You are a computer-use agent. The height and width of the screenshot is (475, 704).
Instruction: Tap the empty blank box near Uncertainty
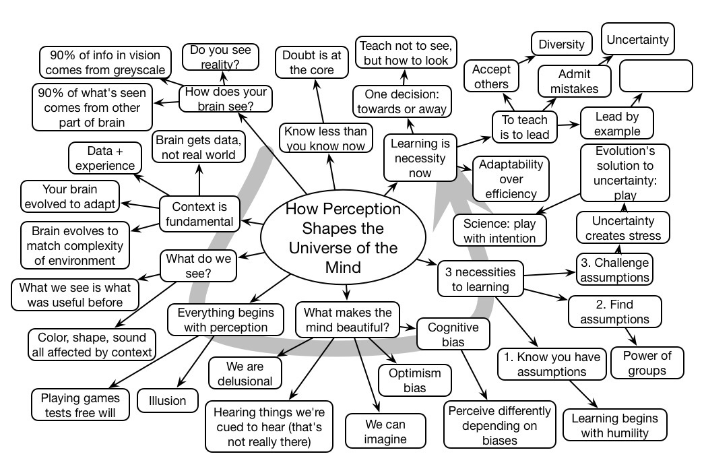tap(655, 75)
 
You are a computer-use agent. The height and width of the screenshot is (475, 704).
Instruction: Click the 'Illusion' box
tap(167, 401)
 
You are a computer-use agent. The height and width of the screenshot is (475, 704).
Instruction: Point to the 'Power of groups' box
tap(647, 362)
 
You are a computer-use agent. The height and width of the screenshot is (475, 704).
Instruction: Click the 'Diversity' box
tap(561, 44)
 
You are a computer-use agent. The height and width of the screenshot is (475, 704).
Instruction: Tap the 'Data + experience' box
tap(104, 158)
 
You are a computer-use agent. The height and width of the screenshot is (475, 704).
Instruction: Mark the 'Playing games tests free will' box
tap(80, 404)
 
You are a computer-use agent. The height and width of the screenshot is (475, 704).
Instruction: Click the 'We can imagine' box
tap(385, 432)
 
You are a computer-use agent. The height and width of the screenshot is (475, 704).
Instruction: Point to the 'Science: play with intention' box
tap(499, 230)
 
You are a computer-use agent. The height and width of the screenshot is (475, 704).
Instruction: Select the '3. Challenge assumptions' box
tap(614, 269)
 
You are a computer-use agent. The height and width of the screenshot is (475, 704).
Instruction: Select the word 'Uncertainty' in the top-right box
tap(637, 40)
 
